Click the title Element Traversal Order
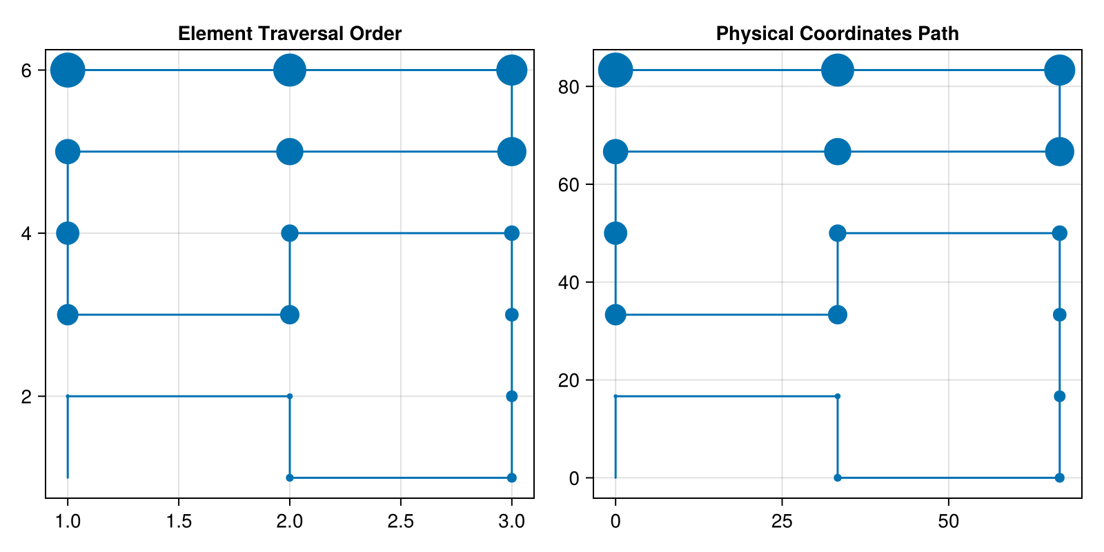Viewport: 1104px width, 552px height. click(289, 34)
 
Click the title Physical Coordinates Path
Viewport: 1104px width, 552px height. click(837, 34)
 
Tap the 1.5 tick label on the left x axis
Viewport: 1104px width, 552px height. click(179, 522)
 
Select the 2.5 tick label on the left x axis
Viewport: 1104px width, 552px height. click(400, 522)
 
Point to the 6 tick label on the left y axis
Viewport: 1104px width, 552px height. click(27, 70)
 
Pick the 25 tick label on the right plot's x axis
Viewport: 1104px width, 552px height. click(782, 522)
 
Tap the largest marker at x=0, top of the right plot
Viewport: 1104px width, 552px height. click(615, 70)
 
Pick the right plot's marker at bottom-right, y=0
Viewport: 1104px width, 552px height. click(1060, 477)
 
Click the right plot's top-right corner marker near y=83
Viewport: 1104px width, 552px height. click(1060, 70)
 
